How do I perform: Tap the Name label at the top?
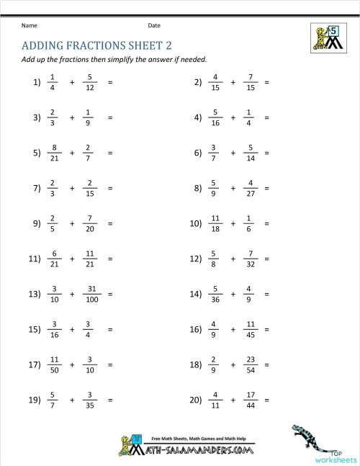click(x=29, y=25)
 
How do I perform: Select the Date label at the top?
click(x=154, y=25)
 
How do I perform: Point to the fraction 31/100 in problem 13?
click(x=89, y=294)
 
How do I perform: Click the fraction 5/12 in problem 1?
click(x=89, y=83)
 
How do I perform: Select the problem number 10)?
click(x=196, y=223)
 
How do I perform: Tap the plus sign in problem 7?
click(x=72, y=189)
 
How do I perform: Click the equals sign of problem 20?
click(x=267, y=400)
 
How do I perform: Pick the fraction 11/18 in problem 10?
click(x=215, y=223)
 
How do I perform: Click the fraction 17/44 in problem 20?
click(x=251, y=400)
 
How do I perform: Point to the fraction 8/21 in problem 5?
click(x=54, y=153)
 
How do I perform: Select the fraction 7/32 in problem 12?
click(x=251, y=259)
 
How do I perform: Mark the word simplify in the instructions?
click(x=143, y=59)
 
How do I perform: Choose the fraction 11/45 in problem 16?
click(x=251, y=329)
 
